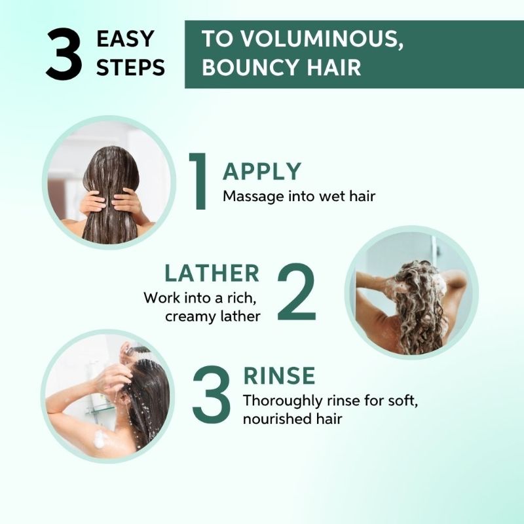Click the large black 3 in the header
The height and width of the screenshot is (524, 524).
[x=64, y=54]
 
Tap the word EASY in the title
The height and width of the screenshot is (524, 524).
[x=125, y=39]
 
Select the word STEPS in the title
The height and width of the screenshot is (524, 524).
[x=130, y=67]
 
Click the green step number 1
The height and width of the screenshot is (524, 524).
[x=198, y=181]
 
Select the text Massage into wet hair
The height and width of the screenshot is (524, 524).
[x=299, y=196]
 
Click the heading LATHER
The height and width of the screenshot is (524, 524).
[x=212, y=273]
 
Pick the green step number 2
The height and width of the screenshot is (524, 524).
[x=297, y=291]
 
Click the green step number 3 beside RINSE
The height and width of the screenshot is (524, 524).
[x=212, y=394]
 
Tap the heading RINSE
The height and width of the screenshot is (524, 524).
[x=280, y=375]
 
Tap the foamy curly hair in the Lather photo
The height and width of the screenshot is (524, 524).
[x=419, y=304]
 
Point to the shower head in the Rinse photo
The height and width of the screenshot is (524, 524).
[x=136, y=351]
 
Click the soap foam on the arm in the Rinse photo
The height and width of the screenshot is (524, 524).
[x=100, y=439]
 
